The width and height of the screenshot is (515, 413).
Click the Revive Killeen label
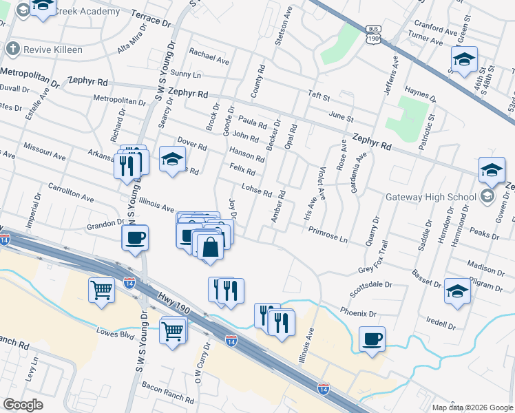(x=53, y=50)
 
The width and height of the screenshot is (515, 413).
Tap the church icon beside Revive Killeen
(x=12, y=50)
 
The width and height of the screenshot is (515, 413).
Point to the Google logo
(x=23, y=405)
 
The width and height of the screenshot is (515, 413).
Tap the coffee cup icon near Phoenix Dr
(x=372, y=339)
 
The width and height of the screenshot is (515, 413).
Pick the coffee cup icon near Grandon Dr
(x=134, y=237)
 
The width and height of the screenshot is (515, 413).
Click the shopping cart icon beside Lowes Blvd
(x=173, y=330)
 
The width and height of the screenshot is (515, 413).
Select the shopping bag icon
(x=210, y=245)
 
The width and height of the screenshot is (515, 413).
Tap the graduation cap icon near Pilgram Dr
(x=457, y=290)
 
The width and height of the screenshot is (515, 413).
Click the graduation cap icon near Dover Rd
(x=171, y=160)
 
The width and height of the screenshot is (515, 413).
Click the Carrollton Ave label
(x=71, y=192)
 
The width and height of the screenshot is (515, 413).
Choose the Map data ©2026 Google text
(x=472, y=407)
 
